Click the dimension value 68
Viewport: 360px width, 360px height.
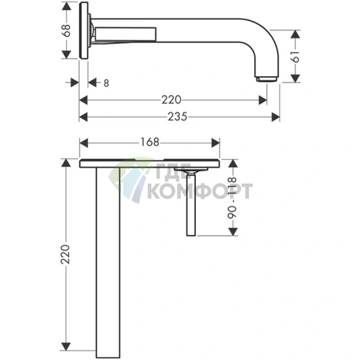pyautogui.click(x=66, y=30)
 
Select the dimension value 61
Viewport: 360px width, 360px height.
pyautogui.click(x=296, y=57)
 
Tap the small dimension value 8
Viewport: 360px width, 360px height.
pyautogui.click(x=106, y=83)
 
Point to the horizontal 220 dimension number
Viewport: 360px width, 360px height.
pyautogui.click(x=171, y=99)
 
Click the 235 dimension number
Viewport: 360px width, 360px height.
pyautogui.click(x=178, y=117)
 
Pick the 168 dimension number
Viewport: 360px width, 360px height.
pyautogui.click(x=150, y=142)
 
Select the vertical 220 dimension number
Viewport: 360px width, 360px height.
pyautogui.click(x=65, y=254)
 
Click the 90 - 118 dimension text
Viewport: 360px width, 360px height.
pyautogui.click(x=232, y=198)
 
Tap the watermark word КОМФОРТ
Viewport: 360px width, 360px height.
pyautogui.click(x=200, y=191)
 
